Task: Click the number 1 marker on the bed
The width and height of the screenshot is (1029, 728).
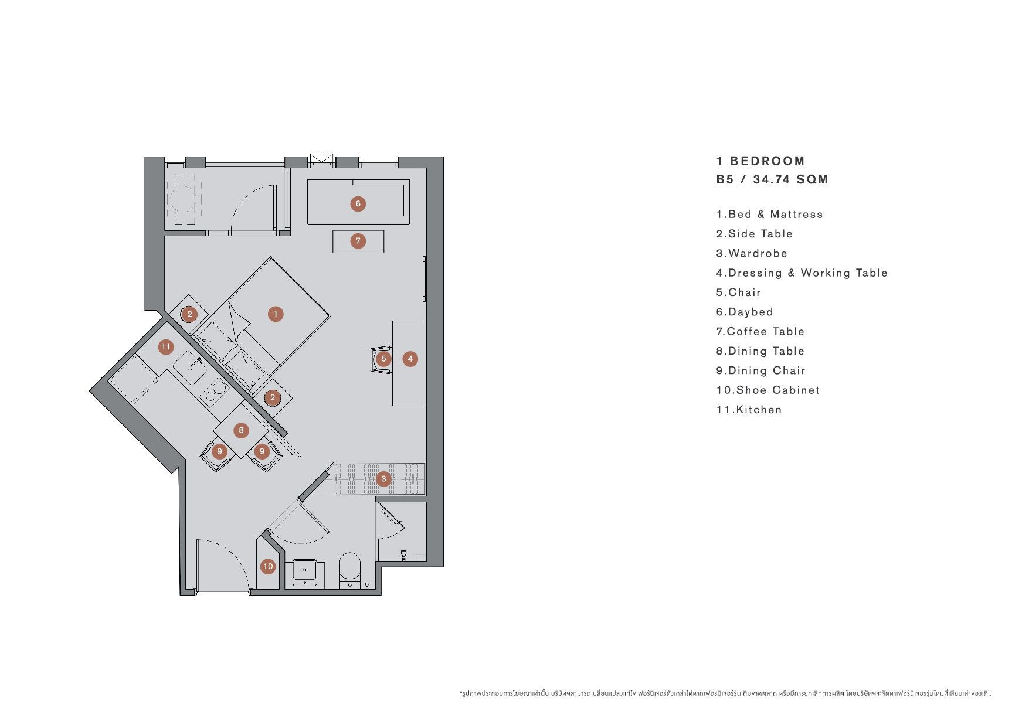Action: click(x=276, y=314)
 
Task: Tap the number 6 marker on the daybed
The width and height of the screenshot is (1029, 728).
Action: click(x=358, y=204)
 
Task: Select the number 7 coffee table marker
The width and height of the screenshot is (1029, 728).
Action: click(x=358, y=241)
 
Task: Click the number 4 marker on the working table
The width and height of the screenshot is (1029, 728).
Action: click(x=410, y=359)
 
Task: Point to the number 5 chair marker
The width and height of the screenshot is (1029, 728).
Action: click(x=383, y=359)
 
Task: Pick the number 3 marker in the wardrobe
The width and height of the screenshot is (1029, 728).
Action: click(x=384, y=479)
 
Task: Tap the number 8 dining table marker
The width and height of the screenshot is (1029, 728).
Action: click(x=241, y=431)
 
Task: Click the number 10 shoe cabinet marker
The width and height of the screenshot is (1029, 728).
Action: click(x=268, y=566)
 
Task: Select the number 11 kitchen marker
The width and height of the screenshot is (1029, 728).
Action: click(x=166, y=347)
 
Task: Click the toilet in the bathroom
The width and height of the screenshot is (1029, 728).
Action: click(x=350, y=569)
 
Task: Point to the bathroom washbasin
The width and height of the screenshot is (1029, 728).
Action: click(x=304, y=573)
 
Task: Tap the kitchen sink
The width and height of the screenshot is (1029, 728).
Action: click(x=190, y=368)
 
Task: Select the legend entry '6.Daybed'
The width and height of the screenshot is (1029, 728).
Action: click(x=745, y=312)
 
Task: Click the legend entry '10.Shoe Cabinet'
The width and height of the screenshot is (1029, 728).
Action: click(x=768, y=390)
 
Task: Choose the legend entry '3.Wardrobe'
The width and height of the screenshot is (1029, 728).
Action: click(x=752, y=253)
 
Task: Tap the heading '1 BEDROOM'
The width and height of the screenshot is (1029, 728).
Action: click(x=760, y=161)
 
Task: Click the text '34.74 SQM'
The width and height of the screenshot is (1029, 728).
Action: click(x=791, y=179)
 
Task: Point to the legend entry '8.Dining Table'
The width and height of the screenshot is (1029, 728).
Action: click(x=760, y=351)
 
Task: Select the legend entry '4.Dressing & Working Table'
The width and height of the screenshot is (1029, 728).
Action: click(x=802, y=273)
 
